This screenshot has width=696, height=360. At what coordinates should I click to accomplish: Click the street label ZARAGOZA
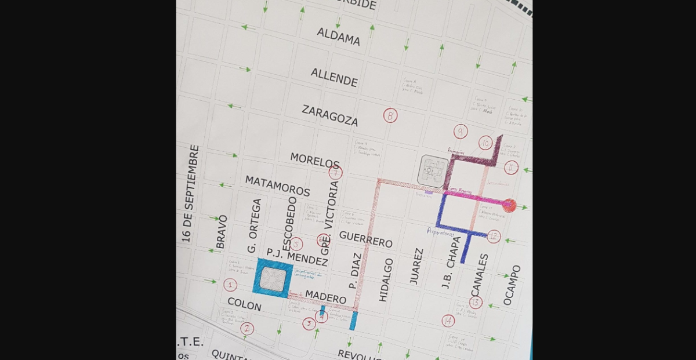point(330,116)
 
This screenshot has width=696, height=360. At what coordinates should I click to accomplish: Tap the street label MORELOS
point(315,161)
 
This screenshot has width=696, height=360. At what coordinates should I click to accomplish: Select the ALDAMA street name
point(338,37)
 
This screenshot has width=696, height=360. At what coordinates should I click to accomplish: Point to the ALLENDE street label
point(333,77)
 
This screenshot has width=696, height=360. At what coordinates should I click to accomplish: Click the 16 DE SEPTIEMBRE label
point(190,194)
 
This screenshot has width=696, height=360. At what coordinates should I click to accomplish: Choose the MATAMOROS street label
point(277,186)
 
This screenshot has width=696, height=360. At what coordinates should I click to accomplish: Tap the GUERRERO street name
point(365,239)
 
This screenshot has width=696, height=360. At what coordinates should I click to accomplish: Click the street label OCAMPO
point(512,285)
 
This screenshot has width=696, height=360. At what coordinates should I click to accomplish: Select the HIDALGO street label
point(386,279)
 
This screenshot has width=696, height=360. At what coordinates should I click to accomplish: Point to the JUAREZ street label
point(416,266)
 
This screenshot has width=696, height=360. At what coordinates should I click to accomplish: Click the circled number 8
point(390,115)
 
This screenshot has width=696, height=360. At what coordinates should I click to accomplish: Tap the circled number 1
point(230,285)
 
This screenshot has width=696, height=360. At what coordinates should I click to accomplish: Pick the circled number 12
point(494,237)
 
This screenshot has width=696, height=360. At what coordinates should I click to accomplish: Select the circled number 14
point(448,321)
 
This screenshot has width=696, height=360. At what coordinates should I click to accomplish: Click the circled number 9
point(461,132)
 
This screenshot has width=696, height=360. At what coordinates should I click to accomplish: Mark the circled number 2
point(247,329)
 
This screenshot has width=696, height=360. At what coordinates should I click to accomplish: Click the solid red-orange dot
point(509,205)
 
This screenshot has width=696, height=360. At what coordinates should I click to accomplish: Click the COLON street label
point(244,303)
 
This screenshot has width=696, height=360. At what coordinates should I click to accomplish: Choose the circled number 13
point(476,302)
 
